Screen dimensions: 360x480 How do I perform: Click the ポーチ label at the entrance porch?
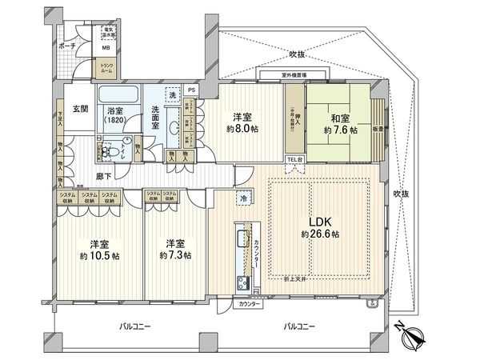tap(67, 46)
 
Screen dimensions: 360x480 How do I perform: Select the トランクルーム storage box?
tap(107, 69)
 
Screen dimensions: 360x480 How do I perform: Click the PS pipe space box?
tap(191, 90)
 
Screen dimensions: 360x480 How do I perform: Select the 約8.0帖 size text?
tap(242, 128)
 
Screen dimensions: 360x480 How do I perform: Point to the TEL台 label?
tap(295, 159)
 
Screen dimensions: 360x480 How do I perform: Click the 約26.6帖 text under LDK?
tap(320, 234)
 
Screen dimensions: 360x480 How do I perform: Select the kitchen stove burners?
tap(239, 282)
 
